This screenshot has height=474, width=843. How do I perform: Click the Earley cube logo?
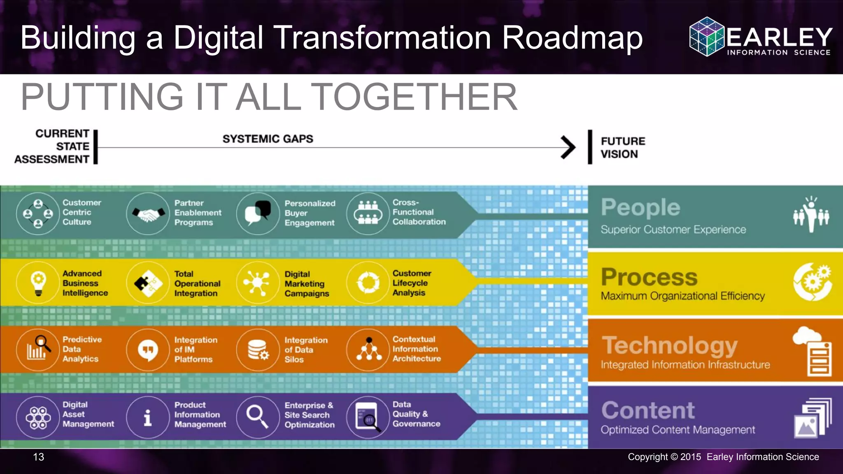pos(706,37)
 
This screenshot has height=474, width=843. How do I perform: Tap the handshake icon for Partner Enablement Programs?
pos(148,214)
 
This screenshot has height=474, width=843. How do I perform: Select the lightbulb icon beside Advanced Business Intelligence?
pos(38,283)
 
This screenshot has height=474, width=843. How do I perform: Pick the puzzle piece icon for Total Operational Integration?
pos(148,283)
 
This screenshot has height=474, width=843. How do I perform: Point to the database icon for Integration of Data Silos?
pos(258,350)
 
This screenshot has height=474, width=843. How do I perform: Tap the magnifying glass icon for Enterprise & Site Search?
pos(257,416)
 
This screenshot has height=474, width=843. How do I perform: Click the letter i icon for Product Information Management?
pos(148,417)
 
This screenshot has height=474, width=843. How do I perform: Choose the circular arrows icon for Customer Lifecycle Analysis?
pos(368,283)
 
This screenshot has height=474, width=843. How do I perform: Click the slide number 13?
pos(38,457)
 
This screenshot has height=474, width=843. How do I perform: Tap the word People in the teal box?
pos(640,208)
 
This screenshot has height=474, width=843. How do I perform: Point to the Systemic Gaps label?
pos(268,139)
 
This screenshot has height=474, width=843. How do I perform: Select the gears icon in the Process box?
pos(812,282)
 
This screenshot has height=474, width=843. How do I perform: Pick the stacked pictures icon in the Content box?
pos(812,418)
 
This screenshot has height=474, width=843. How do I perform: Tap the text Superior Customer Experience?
pos(673,230)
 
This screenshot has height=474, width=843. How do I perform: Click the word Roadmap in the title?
pos(572,38)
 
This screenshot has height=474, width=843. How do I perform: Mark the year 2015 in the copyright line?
pos(690,457)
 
